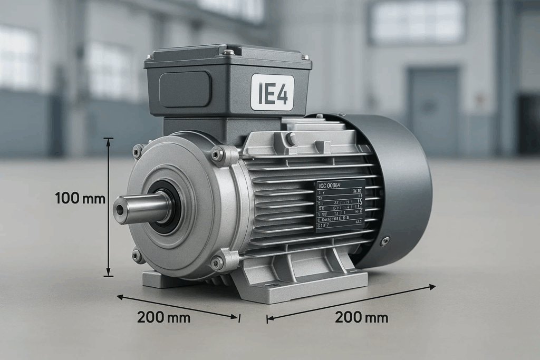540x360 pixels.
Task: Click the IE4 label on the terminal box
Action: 272,92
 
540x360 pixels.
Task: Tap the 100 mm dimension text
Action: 80,199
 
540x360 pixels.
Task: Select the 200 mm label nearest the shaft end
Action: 163,317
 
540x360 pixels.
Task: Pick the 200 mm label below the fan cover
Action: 361,317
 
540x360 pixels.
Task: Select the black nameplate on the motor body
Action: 340,206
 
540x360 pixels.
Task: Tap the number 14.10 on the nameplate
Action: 356,191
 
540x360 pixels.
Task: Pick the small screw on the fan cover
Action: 385,240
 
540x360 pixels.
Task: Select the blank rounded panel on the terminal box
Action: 185,89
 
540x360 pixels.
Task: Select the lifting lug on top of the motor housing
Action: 291,139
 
